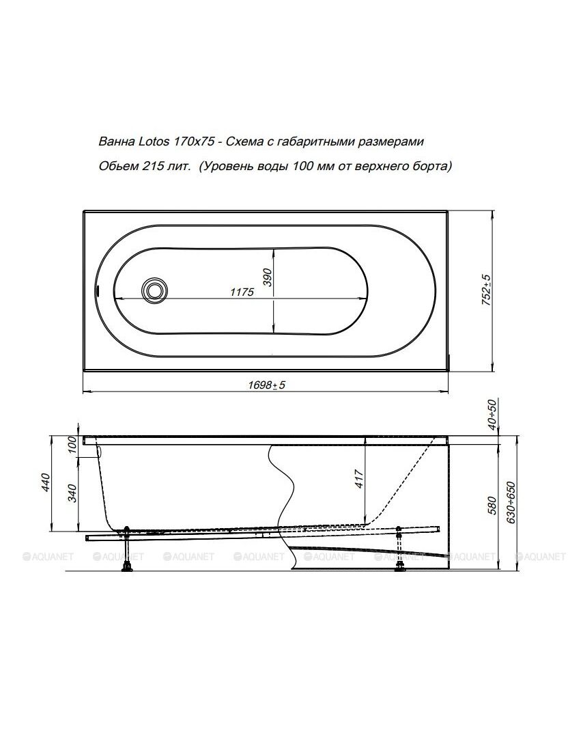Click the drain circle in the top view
(154, 289)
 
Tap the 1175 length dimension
(242, 292)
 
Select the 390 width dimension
(268, 277)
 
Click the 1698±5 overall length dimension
(266, 385)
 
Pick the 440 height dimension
(46, 482)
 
